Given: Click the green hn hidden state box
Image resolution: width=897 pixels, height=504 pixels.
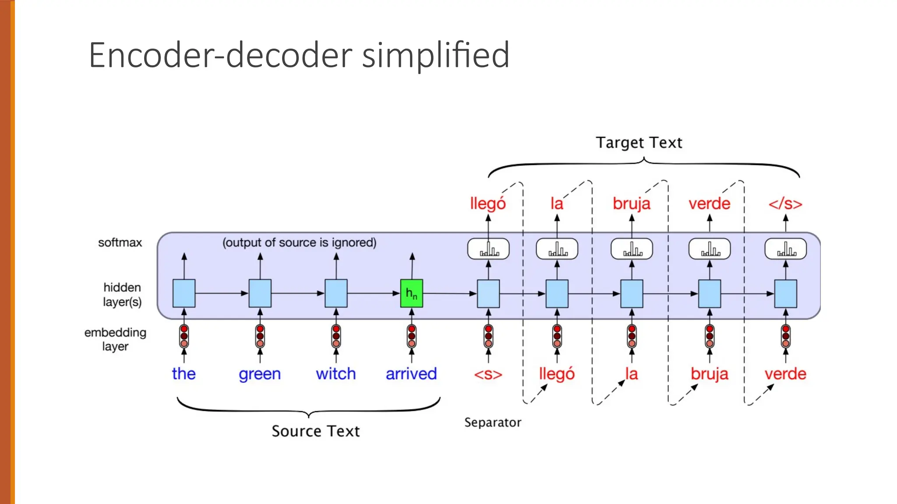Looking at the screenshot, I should [411, 293].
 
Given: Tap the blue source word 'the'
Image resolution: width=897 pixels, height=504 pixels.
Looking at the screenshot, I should [184, 374].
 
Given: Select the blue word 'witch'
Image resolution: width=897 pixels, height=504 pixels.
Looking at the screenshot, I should [335, 374].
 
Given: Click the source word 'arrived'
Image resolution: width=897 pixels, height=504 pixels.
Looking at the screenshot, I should [411, 374].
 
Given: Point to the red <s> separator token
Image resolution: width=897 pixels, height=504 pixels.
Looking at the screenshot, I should [488, 374].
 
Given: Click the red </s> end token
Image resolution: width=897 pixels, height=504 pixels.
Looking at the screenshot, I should [785, 204].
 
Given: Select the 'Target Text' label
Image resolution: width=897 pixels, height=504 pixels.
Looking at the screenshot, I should [639, 143].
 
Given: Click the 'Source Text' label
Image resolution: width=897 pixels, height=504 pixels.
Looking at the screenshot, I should [315, 431].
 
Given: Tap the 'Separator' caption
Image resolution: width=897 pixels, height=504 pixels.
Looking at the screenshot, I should [493, 422].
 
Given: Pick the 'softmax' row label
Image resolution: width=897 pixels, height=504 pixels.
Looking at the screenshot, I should [120, 242].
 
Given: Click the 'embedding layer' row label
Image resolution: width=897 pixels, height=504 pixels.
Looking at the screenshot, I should [115, 339].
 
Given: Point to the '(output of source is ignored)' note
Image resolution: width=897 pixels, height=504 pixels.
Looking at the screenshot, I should [299, 242].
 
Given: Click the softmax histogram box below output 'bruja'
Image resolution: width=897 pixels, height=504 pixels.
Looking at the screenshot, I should [632, 249].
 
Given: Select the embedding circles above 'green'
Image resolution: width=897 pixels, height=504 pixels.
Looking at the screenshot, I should [260, 336].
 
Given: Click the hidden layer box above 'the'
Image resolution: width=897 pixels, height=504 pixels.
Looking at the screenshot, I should [184, 293].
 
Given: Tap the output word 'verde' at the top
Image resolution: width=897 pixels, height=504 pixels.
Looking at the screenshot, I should [709, 204].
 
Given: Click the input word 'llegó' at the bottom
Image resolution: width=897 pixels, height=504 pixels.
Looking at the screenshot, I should [556, 374].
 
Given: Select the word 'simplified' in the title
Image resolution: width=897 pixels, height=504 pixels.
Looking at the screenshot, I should [436, 56].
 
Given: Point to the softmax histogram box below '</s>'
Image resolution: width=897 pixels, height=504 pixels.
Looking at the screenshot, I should [785, 249].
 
